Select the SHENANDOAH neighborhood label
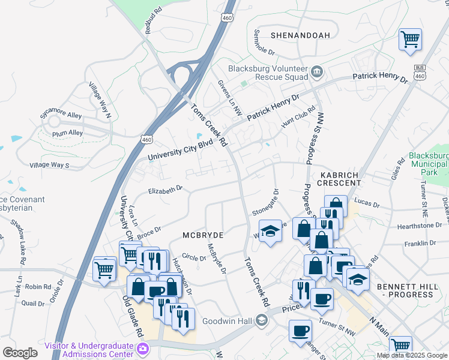300,35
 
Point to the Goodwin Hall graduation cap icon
261,320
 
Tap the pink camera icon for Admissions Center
143,349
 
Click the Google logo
19,353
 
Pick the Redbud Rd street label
154,20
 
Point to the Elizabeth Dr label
165,190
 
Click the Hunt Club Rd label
298,117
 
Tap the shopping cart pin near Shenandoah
411,40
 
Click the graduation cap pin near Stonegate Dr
270,232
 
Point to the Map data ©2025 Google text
411,355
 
